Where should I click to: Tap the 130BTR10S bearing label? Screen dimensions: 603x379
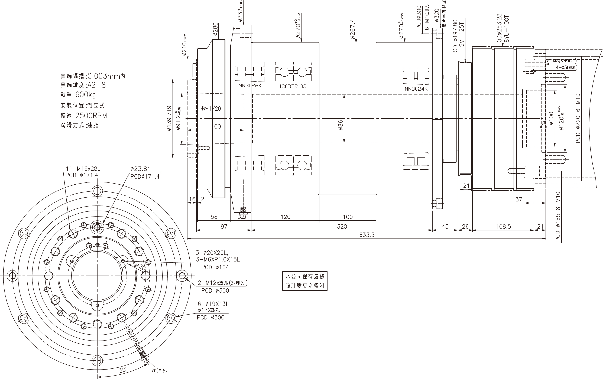tap(293, 87)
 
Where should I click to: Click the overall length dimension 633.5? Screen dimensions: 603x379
tap(367, 235)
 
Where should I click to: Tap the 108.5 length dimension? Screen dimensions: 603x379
tap(503, 227)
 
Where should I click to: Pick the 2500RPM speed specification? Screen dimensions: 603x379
tap(91, 116)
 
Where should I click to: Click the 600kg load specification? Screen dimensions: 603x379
tap(85, 95)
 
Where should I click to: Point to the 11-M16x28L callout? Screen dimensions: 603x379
tap(83, 168)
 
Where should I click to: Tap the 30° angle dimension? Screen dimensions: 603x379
tap(122, 370)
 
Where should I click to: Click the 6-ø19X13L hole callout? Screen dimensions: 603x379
tap(213, 304)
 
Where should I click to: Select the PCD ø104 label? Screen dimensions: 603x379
tap(215, 267)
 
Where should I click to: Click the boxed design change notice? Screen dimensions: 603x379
tap(305, 281)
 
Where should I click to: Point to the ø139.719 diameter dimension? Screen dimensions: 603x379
tap(169, 118)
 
